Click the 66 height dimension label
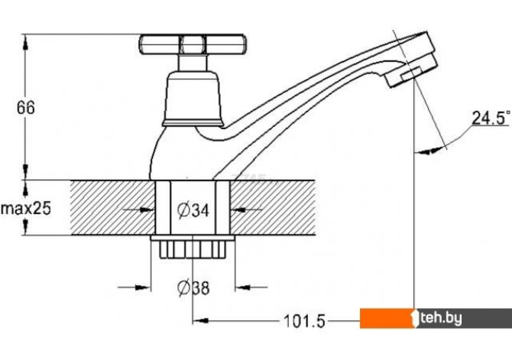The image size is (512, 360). (26, 108)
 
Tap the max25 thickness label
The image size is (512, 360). (25, 208)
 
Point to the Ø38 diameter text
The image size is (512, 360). (193, 288)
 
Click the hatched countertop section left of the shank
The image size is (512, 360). (111, 208)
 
